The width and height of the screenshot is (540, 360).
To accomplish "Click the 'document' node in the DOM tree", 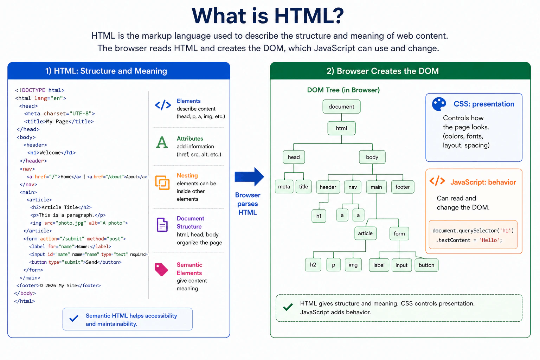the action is pyautogui.click(x=341, y=107).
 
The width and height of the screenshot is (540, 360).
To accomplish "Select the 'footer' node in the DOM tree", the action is pyautogui.click(x=402, y=187).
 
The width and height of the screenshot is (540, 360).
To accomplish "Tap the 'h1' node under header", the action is pyautogui.click(x=319, y=216).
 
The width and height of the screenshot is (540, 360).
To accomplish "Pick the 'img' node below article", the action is pyautogui.click(x=353, y=265).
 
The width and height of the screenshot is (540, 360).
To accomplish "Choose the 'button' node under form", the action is pyautogui.click(x=426, y=265).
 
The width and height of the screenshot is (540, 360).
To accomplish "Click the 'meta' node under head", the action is pyautogui.click(x=284, y=187).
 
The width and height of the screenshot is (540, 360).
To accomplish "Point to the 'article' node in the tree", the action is pyautogui.click(x=365, y=233).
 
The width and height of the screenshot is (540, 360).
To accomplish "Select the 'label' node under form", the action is pyautogui.click(x=379, y=265).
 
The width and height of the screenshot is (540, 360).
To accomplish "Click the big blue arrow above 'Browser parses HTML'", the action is pyautogui.click(x=249, y=177).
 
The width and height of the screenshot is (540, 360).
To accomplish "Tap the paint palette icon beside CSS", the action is pyautogui.click(x=439, y=104).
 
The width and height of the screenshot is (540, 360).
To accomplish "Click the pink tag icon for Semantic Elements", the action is pyautogui.click(x=161, y=269).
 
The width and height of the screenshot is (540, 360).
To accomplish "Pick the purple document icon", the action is pyautogui.click(x=162, y=225).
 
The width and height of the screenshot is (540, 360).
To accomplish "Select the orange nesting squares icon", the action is pyautogui.click(x=162, y=182).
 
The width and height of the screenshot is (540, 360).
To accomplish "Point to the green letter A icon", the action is pyautogui.click(x=162, y=142).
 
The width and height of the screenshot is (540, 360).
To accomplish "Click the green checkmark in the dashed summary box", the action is pyautogui.click(x=288, y=307).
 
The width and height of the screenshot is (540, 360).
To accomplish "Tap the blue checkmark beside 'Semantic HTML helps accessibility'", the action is pyautogui.click(x=74, y=318).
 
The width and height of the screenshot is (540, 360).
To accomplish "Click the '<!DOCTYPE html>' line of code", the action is pyautogui.click(x=40, y=90).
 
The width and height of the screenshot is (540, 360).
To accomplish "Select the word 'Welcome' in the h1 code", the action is pyautogui.click(x=50, y=153).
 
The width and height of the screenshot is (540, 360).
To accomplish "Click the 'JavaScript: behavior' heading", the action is pyautogui.click(x=483, y=182).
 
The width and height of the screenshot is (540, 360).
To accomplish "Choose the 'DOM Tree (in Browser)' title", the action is pyautogui.click(x=343, y=90).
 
